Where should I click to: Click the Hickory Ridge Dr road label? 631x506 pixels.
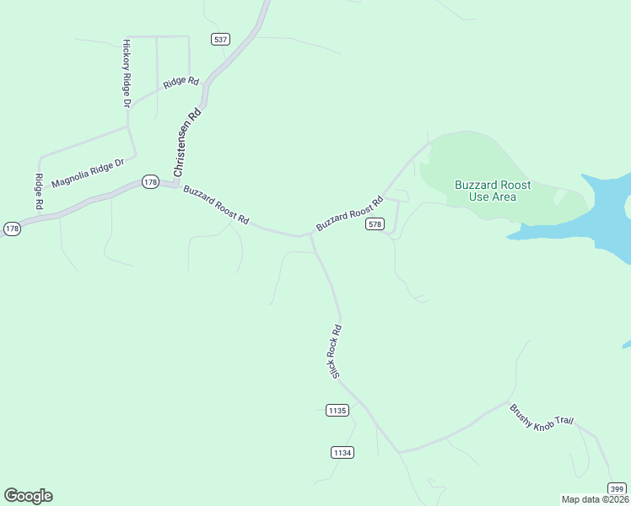127,73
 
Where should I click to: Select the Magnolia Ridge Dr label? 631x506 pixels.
88,174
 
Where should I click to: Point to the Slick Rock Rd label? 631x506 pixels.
336,351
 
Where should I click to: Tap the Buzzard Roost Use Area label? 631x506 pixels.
492,191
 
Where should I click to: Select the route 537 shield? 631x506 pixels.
221,40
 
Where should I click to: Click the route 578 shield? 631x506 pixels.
375,224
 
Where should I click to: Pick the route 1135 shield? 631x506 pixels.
337,411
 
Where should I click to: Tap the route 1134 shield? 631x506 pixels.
342,453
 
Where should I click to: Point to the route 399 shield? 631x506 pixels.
617,488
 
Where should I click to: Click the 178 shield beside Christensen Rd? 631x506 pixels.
150,182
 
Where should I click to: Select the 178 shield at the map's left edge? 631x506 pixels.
12,229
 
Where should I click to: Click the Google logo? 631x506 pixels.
28,496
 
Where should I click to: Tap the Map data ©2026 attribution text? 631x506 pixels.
594,499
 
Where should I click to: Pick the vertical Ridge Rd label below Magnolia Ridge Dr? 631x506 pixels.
39,191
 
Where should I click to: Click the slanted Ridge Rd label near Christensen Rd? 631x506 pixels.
181,83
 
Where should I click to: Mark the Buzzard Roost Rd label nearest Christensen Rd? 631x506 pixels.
216,205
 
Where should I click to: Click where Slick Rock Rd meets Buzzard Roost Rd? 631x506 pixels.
310,235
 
